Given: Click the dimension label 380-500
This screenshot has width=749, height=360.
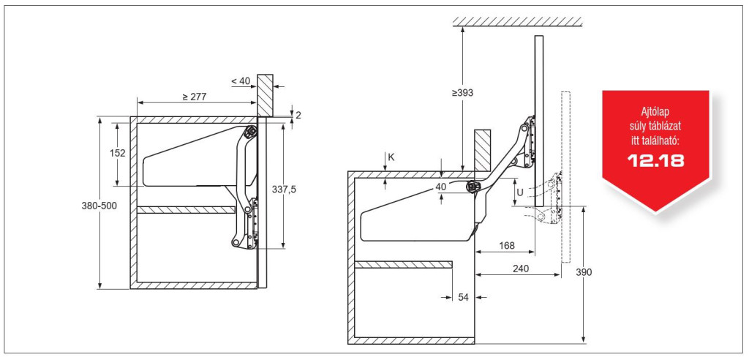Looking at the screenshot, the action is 99,205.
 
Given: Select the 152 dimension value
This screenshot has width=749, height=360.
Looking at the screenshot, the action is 117,153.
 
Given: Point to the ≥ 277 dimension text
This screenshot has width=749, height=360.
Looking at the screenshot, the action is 193,97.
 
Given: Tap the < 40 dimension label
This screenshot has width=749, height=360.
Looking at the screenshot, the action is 241,81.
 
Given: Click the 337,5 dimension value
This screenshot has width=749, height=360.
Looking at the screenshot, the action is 285,190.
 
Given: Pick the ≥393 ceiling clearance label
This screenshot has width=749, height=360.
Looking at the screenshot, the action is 462,93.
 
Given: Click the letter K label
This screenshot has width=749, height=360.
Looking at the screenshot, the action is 391,157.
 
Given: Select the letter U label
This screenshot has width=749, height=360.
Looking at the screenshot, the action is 520,192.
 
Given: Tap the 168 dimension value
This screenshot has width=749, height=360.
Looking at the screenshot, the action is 507,246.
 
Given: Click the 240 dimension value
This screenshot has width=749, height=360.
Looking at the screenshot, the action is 520,269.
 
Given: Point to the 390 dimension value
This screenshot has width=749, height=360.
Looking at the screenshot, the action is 584,272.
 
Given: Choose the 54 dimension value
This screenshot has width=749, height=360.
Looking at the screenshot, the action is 463,297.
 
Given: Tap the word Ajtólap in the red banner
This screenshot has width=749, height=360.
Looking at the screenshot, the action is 656,114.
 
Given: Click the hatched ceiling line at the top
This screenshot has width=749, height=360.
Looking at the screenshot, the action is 517,21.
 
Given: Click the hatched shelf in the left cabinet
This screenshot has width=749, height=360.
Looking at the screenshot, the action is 186,210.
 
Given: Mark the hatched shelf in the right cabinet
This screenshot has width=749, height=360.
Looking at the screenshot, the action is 404,264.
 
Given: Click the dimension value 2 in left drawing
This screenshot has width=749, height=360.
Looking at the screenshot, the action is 298,115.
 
